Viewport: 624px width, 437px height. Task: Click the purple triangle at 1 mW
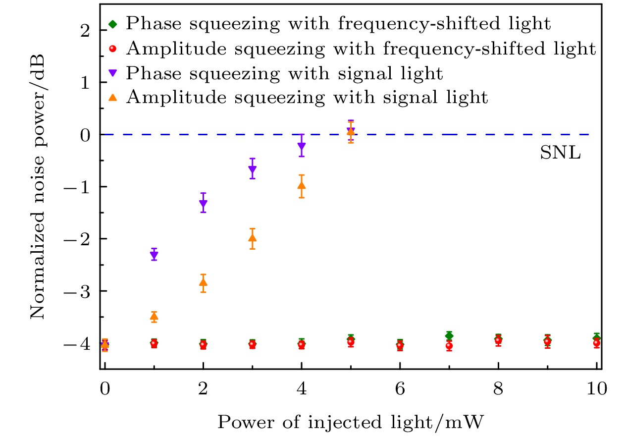154,255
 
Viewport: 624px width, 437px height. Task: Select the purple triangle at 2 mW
203,203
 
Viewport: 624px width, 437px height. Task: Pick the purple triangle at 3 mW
252,170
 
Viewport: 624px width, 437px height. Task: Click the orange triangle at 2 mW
203,282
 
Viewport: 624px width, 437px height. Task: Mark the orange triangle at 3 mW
252,238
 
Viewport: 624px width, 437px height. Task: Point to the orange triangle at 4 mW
302,186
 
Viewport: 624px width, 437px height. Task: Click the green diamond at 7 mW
449,335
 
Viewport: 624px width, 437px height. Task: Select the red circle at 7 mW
449,346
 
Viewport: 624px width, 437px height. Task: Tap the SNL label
560,153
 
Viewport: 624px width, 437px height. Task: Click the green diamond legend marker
113,23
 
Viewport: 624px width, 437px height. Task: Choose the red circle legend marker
113,49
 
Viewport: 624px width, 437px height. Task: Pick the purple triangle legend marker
113,73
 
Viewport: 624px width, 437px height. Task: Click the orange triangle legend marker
113,98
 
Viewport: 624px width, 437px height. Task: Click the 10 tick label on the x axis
597,388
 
